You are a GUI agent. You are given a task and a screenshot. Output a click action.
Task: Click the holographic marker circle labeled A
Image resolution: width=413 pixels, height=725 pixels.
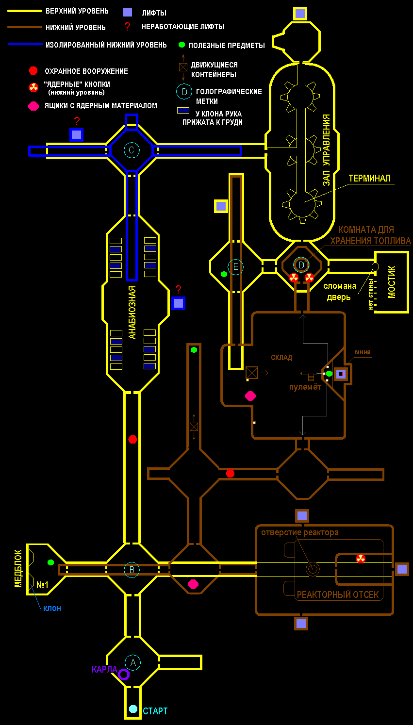(132, 662)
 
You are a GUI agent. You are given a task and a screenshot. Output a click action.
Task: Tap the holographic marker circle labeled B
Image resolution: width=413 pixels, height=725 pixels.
(132, 570)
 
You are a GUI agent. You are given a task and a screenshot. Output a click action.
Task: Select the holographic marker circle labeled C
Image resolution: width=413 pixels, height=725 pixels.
(132, 150)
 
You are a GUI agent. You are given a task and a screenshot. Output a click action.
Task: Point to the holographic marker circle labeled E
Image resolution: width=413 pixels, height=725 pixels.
(236, 267)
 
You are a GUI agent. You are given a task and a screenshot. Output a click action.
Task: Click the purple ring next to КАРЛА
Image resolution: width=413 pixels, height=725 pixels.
(124, 674)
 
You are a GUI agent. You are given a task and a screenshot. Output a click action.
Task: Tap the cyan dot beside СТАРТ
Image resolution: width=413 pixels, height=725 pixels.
(133, 709)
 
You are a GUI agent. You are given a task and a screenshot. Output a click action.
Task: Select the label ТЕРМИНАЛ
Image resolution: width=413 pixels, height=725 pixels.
(369, 179)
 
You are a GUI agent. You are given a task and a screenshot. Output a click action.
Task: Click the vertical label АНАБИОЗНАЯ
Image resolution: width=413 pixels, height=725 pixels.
(132, 312)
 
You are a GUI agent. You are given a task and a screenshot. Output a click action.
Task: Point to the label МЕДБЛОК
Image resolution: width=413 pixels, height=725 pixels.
(18, 568)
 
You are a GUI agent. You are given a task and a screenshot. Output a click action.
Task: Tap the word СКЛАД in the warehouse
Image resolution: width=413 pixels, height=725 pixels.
(281, 358)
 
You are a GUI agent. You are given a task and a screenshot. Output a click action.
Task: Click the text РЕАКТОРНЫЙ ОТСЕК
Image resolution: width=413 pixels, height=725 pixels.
(338, 594)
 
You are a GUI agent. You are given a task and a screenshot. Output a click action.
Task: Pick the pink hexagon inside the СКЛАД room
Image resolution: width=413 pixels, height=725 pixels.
(250, 396)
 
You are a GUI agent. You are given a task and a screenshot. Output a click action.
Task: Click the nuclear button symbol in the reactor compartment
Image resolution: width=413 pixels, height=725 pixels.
(361, 559)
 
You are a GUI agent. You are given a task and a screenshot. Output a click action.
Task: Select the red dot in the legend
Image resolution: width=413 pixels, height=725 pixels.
(33, 71)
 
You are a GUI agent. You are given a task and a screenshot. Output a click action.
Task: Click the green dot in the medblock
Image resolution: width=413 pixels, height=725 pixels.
(50, 562)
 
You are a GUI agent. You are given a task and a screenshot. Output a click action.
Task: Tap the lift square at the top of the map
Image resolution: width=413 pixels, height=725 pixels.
(300, 13)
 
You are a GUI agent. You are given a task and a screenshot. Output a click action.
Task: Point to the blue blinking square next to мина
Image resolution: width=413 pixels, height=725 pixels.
(341, 374)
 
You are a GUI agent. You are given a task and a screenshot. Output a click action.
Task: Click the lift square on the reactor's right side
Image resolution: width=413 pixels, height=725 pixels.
(402, 569)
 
